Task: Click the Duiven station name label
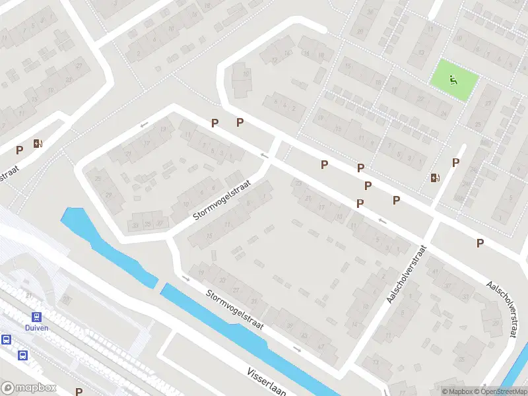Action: [x=36, y=328]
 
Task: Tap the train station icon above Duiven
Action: [x=36, y=317]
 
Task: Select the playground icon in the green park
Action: [x=453, y=81]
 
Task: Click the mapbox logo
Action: [x=28, y=388]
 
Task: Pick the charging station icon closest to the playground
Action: [x=434, y=178]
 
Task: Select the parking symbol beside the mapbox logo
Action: [x=79, y=391]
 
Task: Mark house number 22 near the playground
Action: [x=420, y=99]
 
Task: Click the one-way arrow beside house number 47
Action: [x=298, y=349]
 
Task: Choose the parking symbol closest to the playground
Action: [x=455, y=162]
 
